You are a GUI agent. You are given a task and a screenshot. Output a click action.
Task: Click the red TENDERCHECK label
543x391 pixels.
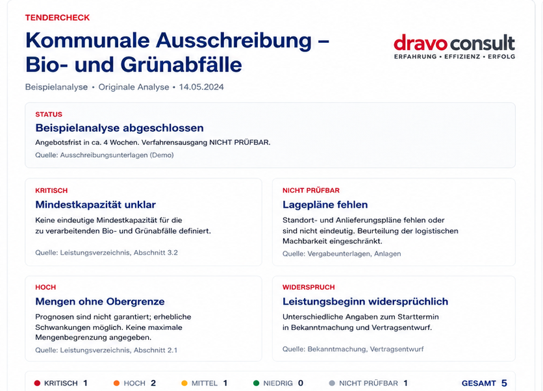tap(58, 18)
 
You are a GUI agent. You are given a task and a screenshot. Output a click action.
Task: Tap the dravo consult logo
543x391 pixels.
tap(455, 46)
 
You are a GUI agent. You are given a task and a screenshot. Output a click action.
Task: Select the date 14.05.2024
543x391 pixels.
tap(201, 87)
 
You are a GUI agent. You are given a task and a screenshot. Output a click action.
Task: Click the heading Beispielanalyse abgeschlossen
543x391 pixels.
tap(120, 128)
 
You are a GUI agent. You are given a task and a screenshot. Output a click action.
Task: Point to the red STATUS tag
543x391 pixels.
tap(49, 114)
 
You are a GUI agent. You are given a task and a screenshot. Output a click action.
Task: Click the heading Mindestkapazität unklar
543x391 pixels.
tap(95, 205)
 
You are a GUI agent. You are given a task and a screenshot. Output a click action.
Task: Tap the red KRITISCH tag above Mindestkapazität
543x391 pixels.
tap(51, 190)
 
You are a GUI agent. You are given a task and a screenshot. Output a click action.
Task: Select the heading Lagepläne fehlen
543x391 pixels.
tap(325, 205)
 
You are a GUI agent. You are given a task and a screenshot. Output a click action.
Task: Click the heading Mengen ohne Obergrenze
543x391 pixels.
tap(100, 301)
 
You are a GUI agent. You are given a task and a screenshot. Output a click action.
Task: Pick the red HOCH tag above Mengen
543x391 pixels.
tap(45, 287)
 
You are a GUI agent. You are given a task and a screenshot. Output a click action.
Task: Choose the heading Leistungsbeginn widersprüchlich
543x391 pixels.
tap(365, 301)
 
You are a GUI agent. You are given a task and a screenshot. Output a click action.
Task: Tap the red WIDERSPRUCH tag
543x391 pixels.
tap(309, 287)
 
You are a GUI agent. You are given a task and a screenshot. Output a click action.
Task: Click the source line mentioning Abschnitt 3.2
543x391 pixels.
tap(107, 253)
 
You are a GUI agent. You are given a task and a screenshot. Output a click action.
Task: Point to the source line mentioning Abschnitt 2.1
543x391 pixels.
tap(107, 350)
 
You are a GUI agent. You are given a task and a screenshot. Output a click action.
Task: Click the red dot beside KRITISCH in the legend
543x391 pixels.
tap(38, 383)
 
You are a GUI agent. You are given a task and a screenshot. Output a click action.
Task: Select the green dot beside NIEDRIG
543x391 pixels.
tap(257, 383)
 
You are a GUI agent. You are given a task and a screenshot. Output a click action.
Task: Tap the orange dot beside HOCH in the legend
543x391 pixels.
tap(117, 383)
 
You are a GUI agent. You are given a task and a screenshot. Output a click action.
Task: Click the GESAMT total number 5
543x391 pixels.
tap(504, 383)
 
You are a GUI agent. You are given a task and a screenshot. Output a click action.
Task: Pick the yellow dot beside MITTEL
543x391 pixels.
tap(184, 383)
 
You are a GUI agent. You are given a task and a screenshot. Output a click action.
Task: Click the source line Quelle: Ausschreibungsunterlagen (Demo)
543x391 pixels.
tap(104, 155)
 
